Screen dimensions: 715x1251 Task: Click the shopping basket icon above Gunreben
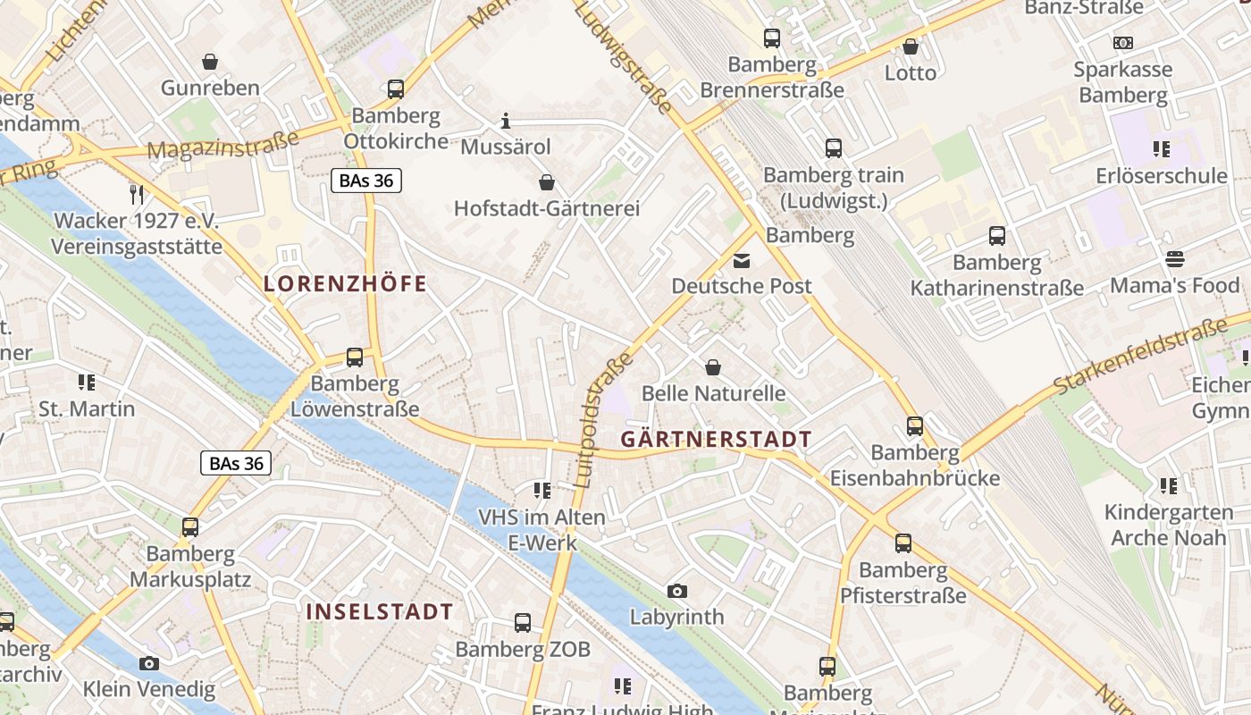point(210,62)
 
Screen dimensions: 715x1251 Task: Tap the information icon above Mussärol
point(506,121)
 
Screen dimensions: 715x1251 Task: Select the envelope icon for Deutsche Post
point(742,261)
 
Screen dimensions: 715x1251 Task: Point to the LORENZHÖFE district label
point(345,284)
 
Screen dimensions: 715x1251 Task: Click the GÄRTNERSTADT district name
point(716,439)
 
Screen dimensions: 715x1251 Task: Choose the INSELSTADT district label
point(380,611)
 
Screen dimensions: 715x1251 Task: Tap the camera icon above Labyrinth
point(676,591)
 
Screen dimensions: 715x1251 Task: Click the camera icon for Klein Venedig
point(149,663)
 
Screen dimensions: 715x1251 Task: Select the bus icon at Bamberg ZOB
point(523,623)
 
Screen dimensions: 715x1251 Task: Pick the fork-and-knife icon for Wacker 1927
point(137,194)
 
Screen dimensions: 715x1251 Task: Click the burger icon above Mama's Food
point(1174,259)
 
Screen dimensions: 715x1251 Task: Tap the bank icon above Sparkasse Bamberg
point(1122,42)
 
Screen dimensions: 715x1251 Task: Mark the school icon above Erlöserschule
point(1161,149)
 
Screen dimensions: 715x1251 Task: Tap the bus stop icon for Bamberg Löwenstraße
point(355,357)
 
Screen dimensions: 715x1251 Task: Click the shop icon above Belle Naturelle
point(713,367)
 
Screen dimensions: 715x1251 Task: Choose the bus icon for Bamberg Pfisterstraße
point(903,543)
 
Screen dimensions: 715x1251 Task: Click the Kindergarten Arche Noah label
point(1168,526)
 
